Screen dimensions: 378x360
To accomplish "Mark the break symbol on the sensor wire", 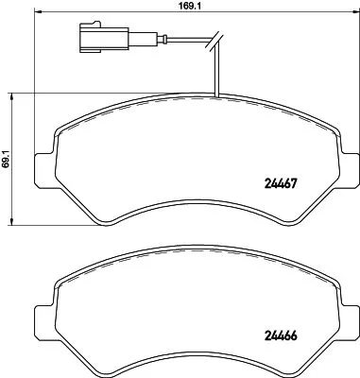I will (x=216, y=41).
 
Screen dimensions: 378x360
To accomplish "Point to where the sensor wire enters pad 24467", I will (x=217, y=97).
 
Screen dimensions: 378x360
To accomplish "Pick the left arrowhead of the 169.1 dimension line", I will (x=38, y=16).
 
